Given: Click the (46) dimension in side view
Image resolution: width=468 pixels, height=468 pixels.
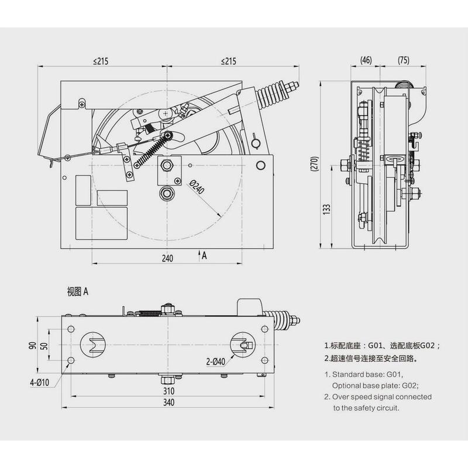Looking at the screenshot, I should coord(366,60).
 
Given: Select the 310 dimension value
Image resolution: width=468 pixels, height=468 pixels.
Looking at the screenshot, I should coord(168,390).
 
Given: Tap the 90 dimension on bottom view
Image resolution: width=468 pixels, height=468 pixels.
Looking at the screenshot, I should coord(35,345).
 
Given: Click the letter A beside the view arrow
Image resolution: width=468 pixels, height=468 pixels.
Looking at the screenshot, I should coord(204,256).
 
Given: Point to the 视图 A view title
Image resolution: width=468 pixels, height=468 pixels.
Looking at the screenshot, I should coord(77,291).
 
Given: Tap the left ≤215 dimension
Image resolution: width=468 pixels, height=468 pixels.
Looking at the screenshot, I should coord(102,61).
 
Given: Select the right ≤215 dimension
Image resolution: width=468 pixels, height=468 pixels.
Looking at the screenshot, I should coord(229,61).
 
